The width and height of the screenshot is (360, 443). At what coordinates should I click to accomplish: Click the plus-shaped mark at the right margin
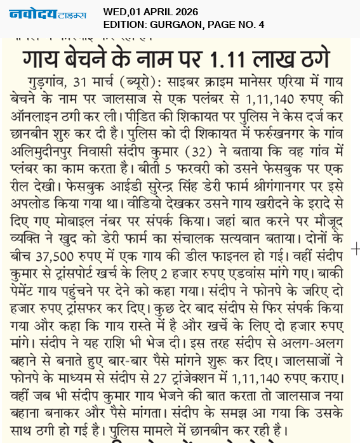(x=354, y=249)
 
